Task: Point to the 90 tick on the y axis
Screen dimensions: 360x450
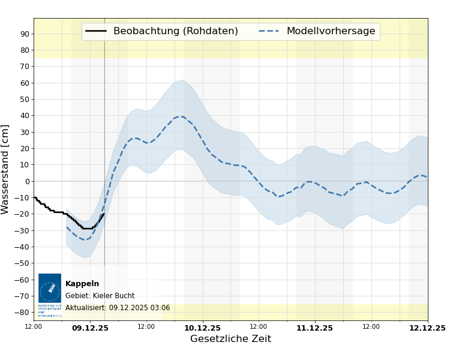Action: tap(25, 34)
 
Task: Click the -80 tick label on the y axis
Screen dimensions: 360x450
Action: tap(23, 312)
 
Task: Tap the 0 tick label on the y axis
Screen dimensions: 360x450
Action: tap(27, 181)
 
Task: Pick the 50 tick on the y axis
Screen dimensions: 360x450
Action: tap(25, 99)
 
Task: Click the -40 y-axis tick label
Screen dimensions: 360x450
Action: tap(23, 247)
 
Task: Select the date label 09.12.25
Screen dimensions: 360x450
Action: tap(90, 328)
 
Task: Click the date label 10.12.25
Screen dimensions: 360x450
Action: tap(202, 328)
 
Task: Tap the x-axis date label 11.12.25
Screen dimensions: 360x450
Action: tap(314, 328)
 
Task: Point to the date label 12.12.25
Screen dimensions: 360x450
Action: tap(427, 328)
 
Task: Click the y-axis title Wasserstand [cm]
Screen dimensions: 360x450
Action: tap(5, 169)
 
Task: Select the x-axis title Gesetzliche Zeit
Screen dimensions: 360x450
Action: tap(230, 339)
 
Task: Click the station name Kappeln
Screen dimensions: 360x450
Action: tap(82, 284)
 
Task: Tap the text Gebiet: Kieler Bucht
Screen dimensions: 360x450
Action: tap(100, 296)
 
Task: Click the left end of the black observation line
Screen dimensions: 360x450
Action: tap(34, 197)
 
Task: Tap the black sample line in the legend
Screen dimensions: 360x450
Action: tap(96, 31)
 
